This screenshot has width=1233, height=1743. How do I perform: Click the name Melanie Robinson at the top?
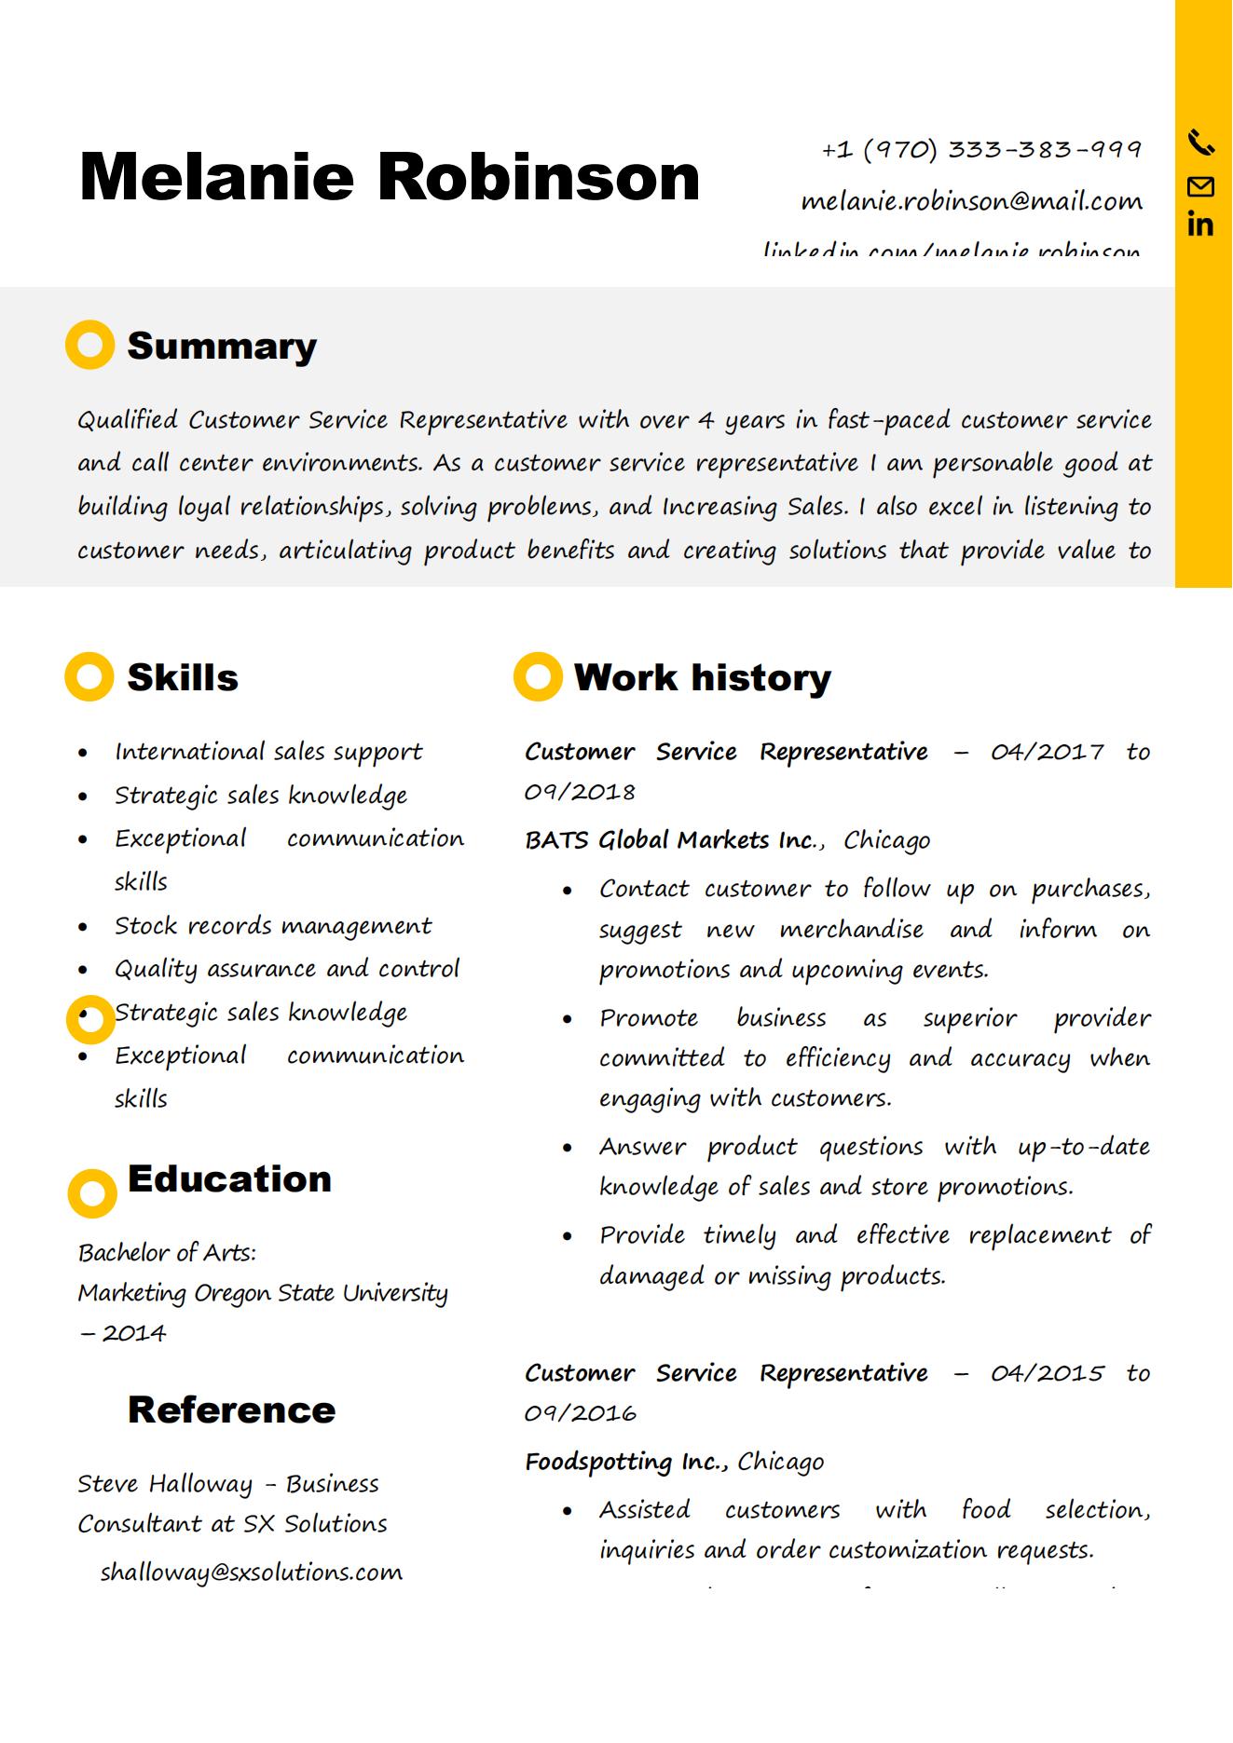coord(390,177)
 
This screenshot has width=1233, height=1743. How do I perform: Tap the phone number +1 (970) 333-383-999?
coord(981,149)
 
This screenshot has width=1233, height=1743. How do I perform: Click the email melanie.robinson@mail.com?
coord(971,201)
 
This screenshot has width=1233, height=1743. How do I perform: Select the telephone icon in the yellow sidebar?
coord(1201,143)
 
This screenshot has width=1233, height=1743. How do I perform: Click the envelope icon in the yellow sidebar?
coord(1201,187)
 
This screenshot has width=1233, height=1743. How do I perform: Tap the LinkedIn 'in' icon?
coord(1200,225)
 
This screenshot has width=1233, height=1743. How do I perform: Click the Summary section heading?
coord(222,346)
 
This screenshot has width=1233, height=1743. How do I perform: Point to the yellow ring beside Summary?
coord(89,346)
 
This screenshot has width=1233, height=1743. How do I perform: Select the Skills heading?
coord(183,677)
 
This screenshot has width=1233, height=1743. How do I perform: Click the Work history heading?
coord(702,677)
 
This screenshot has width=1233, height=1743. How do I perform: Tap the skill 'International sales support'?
coord(268,752)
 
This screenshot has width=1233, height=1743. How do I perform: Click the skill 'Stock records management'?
coord(273,926)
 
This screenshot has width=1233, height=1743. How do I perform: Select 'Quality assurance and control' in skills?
coord(287,969)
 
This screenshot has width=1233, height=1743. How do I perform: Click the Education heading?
coord(229,1178)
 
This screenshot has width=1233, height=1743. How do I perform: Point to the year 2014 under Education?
coord(134,1333)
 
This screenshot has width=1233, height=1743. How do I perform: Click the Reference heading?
coord(231,1409)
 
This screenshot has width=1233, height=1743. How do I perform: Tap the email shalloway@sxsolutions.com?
coord(252,1573)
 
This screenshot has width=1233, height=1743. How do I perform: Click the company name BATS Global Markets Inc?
coord(671,840)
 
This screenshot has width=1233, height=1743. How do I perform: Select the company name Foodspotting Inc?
coord(626,1462)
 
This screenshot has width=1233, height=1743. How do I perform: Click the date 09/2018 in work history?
coord(580,793)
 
